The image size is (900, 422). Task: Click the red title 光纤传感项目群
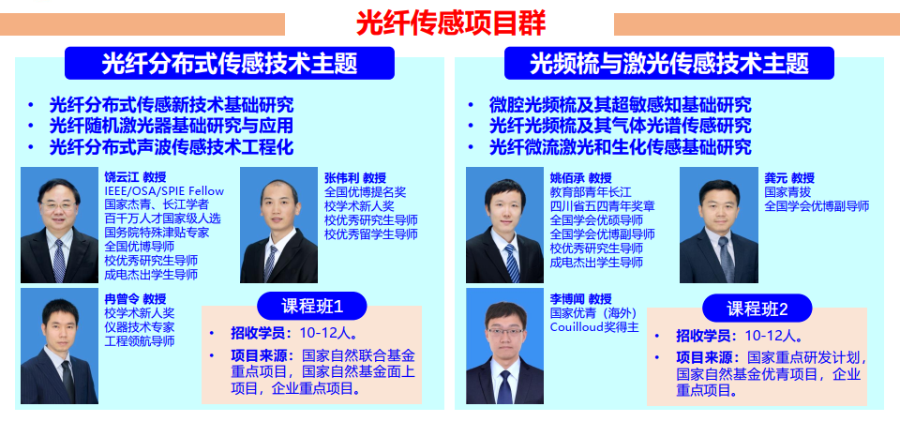pos(451,23)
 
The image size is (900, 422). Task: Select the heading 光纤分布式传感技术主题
pos(230,63)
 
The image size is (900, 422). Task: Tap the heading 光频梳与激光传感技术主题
pos(669,63)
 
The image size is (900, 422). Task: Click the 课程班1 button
pos(311,306)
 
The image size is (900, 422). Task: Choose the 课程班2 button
pos(757,309)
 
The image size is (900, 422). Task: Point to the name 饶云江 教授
pos(135,177)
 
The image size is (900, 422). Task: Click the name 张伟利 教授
pos(355,178)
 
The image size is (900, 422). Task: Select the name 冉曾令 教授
pos(135,299)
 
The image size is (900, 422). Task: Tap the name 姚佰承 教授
pos(581,178)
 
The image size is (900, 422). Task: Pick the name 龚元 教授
pos(789,178)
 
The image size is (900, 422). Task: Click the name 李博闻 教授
pos(581,299)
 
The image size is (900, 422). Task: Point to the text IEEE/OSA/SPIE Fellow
pos(164,191)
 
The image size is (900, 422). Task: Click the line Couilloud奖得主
pos(594,327)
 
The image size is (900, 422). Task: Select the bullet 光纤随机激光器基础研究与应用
pos(172,126)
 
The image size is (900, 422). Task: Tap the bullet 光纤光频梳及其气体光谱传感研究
pos(620,126)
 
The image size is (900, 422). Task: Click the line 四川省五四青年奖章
pos(602,206)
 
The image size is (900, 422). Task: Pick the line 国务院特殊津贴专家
pos(157,233)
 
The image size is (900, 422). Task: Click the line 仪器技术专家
pos(139,327)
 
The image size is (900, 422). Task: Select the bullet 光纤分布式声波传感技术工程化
pos(172,147)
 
